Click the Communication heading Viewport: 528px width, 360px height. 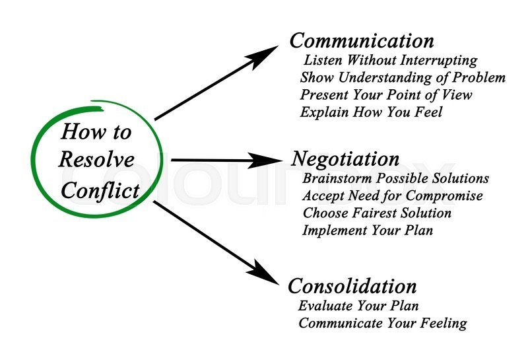click(x=362, y=41)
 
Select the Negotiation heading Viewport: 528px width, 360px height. click(x=345, y=159)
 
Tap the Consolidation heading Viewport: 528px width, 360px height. click(x=352, y=286)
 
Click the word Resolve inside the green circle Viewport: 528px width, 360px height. click(x=96, y=159)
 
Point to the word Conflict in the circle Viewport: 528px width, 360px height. click(x=100, y=191)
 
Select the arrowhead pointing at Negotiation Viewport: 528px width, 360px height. click(x=268, y=160)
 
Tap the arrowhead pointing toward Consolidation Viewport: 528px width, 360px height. click(x=265, y=271)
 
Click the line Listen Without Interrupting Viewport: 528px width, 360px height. click(x=391, y=61)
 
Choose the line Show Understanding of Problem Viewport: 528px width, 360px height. click(x=403, y=77)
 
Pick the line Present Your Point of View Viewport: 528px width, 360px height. click(x=386, y=94)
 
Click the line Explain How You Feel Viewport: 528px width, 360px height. click(x=371, y=112)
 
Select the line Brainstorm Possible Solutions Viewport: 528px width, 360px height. click(x=395, y=178)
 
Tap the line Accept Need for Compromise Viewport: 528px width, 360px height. click(x=393, y=196)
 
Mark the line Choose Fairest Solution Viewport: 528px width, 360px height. click(x=377, y=213)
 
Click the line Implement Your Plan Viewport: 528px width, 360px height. click(x=368, y=231)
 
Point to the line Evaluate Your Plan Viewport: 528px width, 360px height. click(x=358, y=306)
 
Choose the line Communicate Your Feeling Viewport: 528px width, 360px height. click(x=383, y=323)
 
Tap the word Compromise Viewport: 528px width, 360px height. click(x=444, y=196)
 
